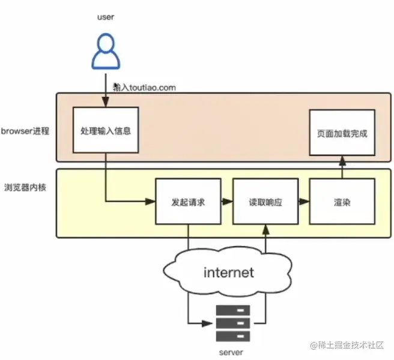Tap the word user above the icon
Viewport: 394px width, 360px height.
coord(105,17)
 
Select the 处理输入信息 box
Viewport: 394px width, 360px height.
coord(106,130)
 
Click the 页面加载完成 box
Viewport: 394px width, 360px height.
coord(342,133)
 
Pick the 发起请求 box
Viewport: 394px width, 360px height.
coord(188,202)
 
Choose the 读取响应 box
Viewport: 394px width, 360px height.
coord(265,202)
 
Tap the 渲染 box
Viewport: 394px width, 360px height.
coord(341,202)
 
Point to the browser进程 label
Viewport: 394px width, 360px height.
coord(25,131)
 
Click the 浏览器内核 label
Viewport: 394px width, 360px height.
coord(26,187)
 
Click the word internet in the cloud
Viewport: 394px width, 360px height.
coord(229,273)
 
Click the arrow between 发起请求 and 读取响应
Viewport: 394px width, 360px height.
coord(226,202)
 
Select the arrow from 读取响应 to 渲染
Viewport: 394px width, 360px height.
coord(303,202)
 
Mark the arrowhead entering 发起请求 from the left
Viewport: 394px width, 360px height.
coord(151,202)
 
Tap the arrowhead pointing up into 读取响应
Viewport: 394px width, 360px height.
coord(265,229)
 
